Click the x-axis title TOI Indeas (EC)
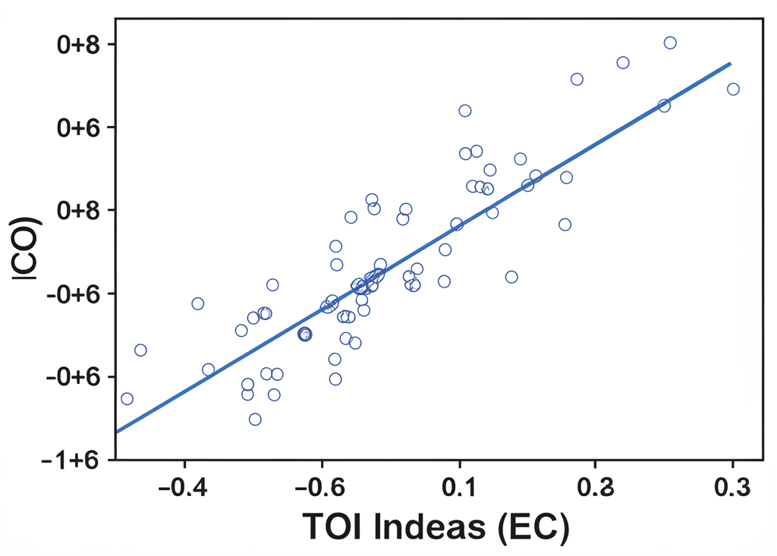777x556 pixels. point(436,527)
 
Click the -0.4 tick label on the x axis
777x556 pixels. point(184,488)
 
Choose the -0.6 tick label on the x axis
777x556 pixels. point(322,488)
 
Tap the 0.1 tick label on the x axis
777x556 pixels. point(458,488)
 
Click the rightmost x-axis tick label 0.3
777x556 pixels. point(732,488)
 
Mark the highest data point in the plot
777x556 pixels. point(670,43)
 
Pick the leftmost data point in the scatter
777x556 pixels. point(127,399)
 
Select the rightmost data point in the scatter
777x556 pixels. point(733,90)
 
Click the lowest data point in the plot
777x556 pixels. point(255,419)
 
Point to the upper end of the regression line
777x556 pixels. point(730,64)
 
